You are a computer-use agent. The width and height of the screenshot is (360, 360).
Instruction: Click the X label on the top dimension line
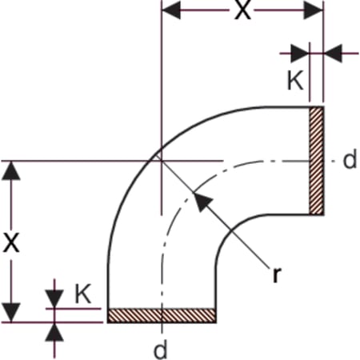pyautogui.click(x=242, y=10)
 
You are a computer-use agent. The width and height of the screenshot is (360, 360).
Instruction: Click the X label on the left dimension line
pyautogui.click(x=11, y=242)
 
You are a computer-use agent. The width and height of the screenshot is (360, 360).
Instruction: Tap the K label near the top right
pyautogui.click(x=295, y=80)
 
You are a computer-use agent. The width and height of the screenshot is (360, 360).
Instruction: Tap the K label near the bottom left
pyautogui.click(x=83, y=294)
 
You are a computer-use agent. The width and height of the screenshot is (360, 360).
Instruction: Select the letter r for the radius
pyautogui.click(x=277, y=274)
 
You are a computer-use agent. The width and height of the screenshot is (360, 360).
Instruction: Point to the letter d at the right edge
pyautogui.click(x=350, y=158)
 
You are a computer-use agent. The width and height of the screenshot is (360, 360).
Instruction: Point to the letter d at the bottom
pyautogui.click(x=161, y=349)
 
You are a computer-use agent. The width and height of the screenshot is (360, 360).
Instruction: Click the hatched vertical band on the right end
pyautogui.click(x=317, y=161)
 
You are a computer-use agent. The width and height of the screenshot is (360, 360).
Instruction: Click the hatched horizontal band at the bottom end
pyautogui.click(x=162, y=316)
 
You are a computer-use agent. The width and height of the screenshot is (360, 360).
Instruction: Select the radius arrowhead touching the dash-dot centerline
pyautogui.click(x=202, y=201)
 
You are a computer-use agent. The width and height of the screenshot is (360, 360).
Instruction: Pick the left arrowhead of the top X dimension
pyautogui.click(x=171, y=10)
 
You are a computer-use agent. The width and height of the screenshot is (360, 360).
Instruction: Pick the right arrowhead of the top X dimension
pyautogui.click(x=314, y=10)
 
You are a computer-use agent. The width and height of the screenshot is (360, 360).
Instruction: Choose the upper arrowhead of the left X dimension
pyautogui.click(x=11, y=170)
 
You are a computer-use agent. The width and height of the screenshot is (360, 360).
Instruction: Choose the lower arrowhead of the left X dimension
pyautogui.click(x=11, y=313)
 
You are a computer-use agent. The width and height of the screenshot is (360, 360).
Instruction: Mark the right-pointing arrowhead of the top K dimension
pyautogui.click(x=300, y=54)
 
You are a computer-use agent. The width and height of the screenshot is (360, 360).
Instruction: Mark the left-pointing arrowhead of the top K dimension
pyautogui.click(x=333, y=54)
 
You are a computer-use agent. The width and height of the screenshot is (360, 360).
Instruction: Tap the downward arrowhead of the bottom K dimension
pyautogui.click(x=54, y=299)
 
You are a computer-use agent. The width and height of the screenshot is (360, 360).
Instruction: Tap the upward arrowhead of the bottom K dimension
pyautogui.click(x=54, y=332)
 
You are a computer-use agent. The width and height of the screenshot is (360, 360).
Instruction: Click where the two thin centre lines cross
pyautogui.click(x=162, y=161)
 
